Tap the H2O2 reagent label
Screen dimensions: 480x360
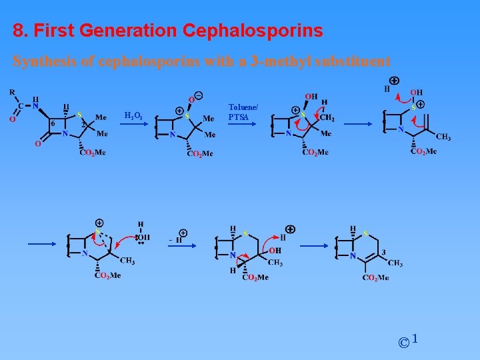point(133,116)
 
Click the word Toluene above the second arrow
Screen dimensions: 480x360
point(243,107)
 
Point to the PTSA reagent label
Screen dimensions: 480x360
point(239,117)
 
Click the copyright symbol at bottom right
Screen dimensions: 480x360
point(403,343)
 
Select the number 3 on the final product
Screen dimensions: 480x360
point(383,252)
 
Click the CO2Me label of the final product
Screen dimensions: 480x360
point(376,278)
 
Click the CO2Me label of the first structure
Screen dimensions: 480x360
point(93,153)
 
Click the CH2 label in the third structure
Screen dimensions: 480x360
point(327,118)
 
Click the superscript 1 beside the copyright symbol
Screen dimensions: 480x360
point(415,339)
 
